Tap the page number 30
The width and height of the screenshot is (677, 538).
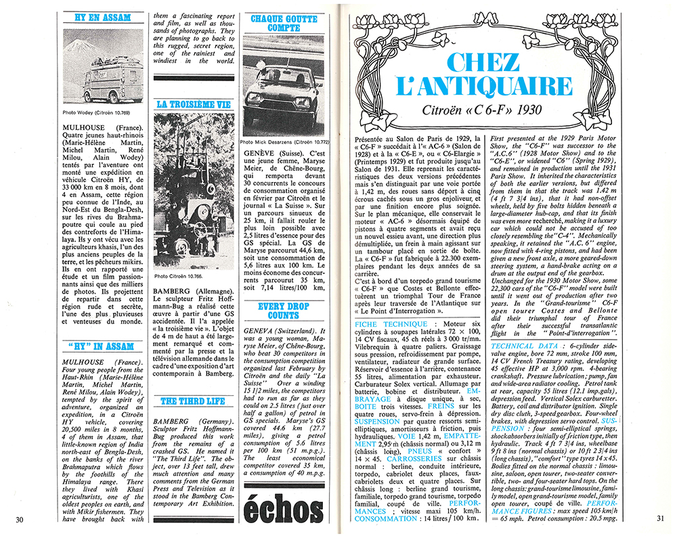coord(20,520)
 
